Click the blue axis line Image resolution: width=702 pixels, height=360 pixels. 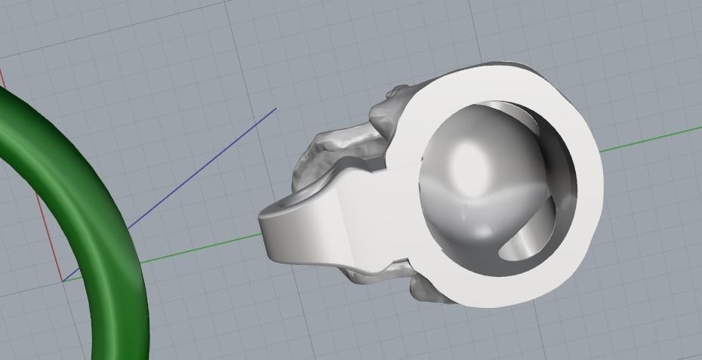[x=189, y=180]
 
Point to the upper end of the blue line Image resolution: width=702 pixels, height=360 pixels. [x=276, y=109]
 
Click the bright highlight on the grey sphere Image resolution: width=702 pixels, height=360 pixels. [x=470, y=161]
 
